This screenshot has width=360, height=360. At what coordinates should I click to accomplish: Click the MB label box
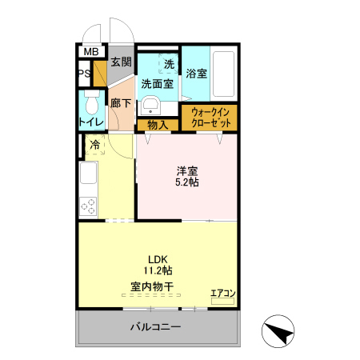(x=90, y=52)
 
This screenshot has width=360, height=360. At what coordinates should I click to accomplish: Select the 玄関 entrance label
(x=121, y=62)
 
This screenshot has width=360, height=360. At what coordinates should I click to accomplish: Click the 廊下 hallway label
(x=121, y=103)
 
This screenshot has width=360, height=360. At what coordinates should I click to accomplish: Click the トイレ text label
(x=89, y=122)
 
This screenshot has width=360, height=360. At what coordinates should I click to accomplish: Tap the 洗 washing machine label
(x=168, y=64)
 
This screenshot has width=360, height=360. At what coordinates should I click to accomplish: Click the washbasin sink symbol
(x=150, y=106)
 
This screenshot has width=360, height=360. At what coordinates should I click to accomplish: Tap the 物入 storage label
(x=158, y=125)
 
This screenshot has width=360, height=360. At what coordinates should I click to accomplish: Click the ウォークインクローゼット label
(x=210, y=118)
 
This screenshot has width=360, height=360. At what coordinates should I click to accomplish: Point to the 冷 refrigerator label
(x=95, y=146)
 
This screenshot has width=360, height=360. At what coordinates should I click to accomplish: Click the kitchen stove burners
(x=87, y=205)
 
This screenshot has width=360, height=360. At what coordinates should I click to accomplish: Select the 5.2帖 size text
(x=188, y=182)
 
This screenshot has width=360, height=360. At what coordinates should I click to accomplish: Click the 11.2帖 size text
(x=157, y=270)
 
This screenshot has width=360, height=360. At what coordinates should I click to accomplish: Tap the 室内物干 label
(x=152, y=286)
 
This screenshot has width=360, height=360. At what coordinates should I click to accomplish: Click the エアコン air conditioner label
(x=222, y=294)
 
